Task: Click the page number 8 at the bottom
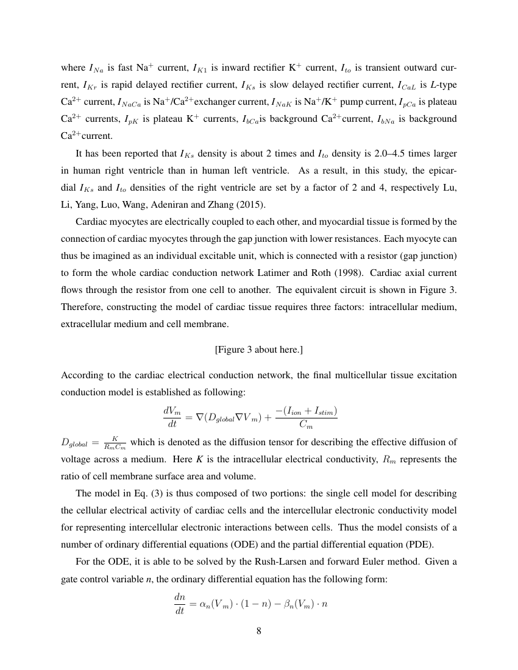click(x=259, y=630)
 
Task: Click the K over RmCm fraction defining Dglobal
click(x=115, y=443)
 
